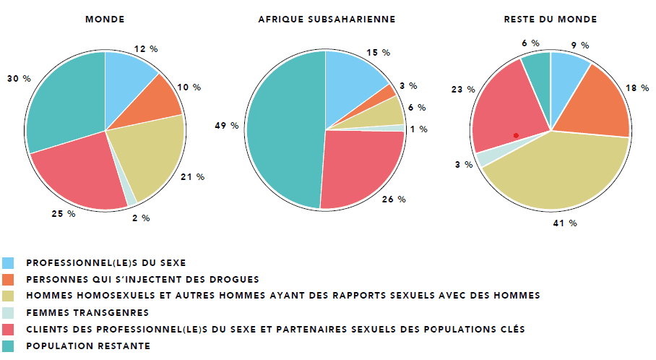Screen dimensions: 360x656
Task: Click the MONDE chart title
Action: [105, 20]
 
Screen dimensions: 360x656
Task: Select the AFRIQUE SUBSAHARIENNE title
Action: [327, 20]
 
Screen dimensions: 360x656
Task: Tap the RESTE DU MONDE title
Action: [550, 20]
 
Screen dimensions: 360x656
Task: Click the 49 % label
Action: [226, 126]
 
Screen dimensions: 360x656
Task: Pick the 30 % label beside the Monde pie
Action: [19, 78]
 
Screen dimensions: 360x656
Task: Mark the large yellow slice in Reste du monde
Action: [564, 173]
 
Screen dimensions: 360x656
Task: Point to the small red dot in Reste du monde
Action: [516, 135]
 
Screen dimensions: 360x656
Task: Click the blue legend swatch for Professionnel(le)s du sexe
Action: [8, 263]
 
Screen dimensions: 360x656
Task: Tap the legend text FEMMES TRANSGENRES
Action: [87, 312]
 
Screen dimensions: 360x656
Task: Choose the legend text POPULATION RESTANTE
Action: [88, 346]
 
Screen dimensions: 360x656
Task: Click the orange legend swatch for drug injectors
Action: [8, 280]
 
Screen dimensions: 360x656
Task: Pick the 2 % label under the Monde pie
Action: [141, 218]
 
